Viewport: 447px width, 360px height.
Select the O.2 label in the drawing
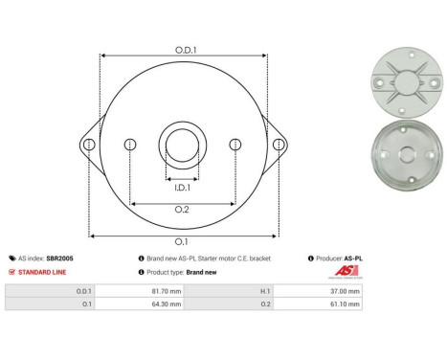point(182,210)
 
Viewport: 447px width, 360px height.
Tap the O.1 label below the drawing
point(182,241)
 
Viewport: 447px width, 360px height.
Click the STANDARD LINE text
point(42,272)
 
